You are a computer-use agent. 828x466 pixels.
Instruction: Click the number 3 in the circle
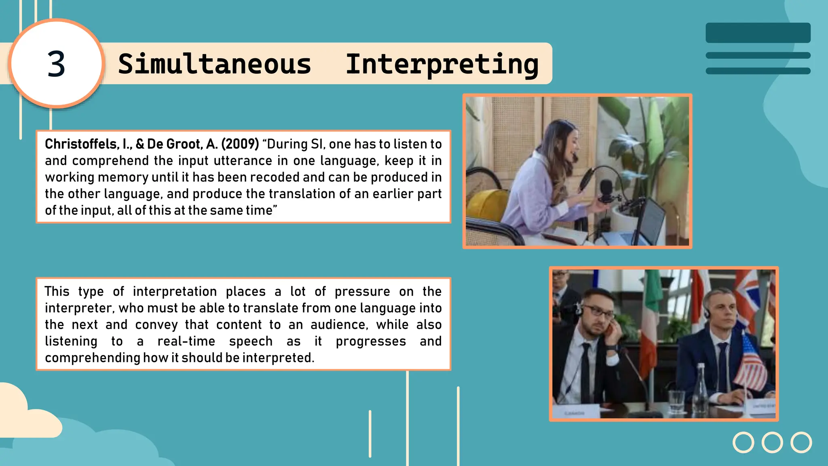point(56,64)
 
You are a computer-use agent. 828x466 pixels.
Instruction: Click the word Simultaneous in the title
point(215,64)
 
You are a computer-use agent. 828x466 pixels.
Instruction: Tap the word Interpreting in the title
point(442,64)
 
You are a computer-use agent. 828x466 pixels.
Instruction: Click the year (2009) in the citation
point(240,144)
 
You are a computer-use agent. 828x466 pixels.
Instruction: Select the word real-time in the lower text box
point(186,341)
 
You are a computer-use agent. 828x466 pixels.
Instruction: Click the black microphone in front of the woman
point(605,190)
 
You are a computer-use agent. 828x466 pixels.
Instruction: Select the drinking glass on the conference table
point(676,400)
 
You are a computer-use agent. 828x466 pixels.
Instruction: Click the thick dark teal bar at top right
point(758,33)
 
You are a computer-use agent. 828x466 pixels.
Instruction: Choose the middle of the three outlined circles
point(772,442)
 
